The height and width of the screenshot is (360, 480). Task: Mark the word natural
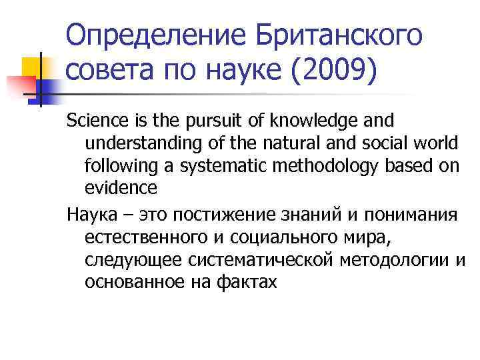coord(290,143)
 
